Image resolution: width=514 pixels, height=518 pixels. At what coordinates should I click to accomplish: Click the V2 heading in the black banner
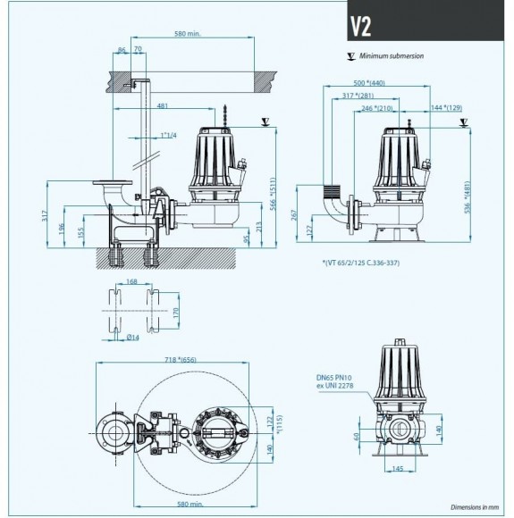[361, 26]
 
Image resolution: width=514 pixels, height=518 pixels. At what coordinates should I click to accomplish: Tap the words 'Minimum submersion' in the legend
[392, 55]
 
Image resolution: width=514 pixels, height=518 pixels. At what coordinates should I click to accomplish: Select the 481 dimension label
[162, 105]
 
